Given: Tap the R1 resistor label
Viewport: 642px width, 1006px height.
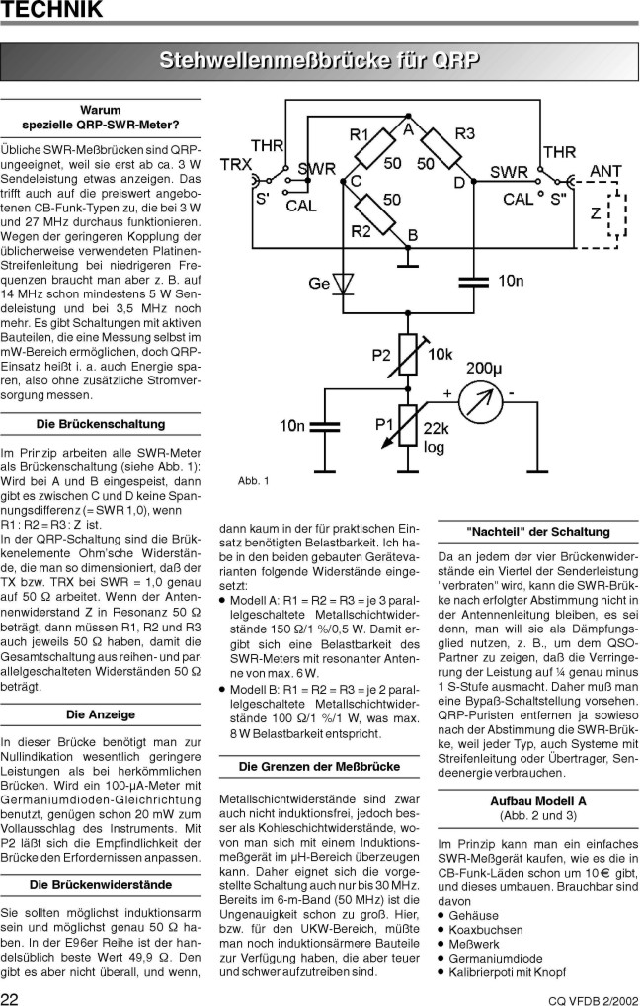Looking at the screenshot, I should (x=360, y=134).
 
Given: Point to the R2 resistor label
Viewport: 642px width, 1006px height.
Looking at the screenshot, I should (x=359, y=232).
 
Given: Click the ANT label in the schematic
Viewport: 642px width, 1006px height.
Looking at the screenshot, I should (x=605, y=171).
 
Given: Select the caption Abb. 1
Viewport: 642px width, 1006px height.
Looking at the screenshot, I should (x=253, y=481).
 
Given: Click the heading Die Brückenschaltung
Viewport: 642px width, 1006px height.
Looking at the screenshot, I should (x=101, y=424).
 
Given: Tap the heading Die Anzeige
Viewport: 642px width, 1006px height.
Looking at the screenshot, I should (x=101, y=713).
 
